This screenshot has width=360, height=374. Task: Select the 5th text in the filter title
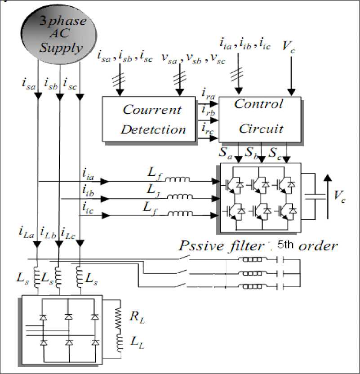point(287,245)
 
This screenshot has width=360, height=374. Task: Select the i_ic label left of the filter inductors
point(88,208)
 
